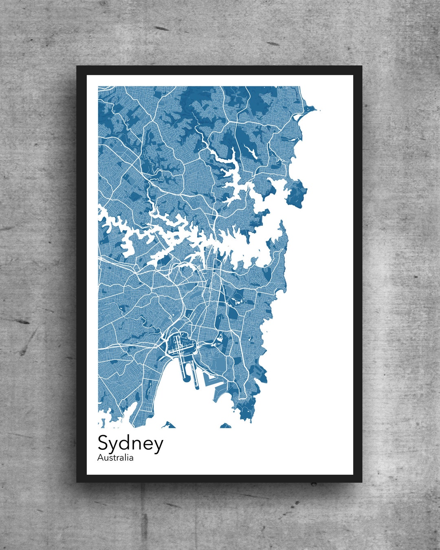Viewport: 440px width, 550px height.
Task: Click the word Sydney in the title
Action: coord(130,444)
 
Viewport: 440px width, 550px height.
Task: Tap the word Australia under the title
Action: coord(115,458)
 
